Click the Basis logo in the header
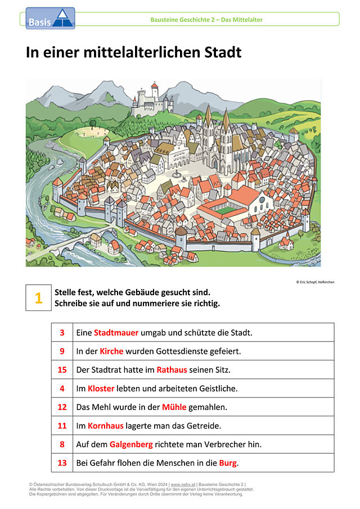(x=50, y=19)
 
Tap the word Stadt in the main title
(x=223, y=52)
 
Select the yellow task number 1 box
(x=39, y=298)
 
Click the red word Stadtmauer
(x=116, y=333)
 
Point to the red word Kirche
(x=111, y=351)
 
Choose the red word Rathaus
(x=172, y=370)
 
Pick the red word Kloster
(x=101, y=389)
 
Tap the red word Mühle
(x=174, y=407)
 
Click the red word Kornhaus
(x=106, y=426)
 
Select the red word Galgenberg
(x=131, y=444)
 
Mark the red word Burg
(x=228, y=463)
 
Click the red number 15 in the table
(x=62, y=370)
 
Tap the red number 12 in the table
(x=62, y=407)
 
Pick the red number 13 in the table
(x=62, y=463)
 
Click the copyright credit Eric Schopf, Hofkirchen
(x=315, y=282)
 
